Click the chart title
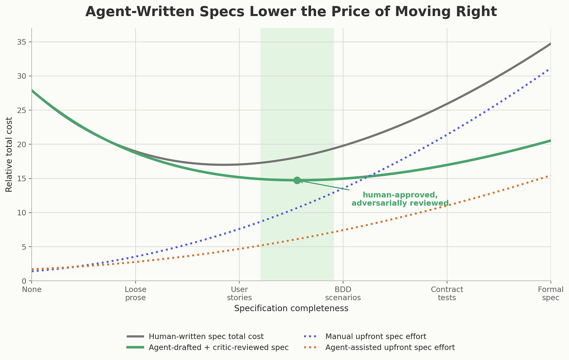pos(291,12)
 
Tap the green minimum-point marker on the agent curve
pos(297,180)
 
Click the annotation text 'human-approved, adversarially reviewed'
pos(400,199)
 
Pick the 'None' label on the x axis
pos(32,290)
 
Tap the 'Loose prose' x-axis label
pos(135,294)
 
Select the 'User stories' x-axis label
pos(239,294)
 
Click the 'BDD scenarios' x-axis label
pos(343,294)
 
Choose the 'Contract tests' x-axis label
pos(447,294)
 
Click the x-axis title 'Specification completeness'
pos(291,308)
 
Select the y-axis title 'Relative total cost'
pos(9,154)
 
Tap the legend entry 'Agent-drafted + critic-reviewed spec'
pos(219,347)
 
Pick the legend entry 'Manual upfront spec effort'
pos(376,336)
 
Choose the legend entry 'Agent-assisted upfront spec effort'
pos(390,347)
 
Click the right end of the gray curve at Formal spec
pos(550,44)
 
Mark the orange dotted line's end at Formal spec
pos(550,176)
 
